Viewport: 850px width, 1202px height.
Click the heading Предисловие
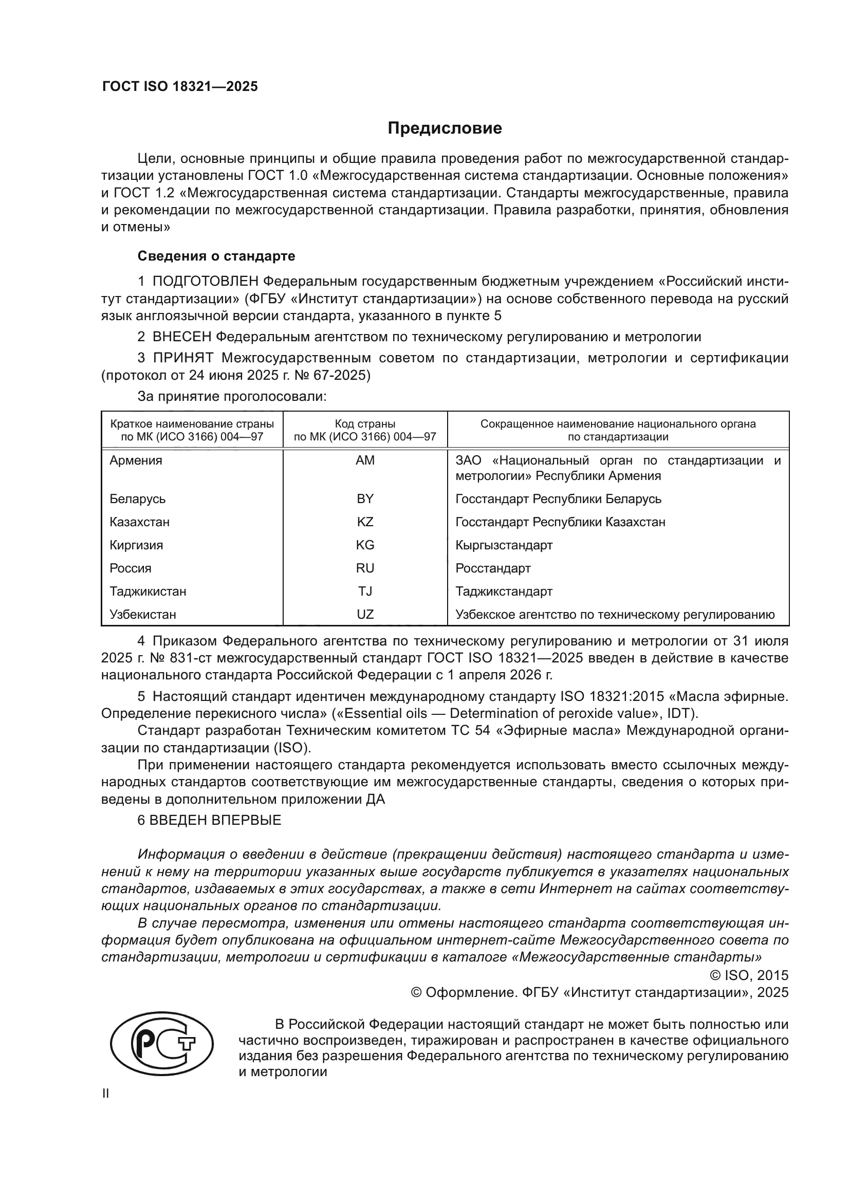point(445,128)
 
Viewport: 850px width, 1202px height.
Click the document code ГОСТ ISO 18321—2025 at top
point(180,87)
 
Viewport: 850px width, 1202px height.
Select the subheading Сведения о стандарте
point(216,256)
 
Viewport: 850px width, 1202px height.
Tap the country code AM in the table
point(365,460)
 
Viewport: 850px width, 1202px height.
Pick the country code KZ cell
point(365,522)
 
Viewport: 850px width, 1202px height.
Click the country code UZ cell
point(365,614)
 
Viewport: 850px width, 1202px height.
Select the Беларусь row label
point(138,499)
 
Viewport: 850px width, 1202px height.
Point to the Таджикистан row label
point(147,591)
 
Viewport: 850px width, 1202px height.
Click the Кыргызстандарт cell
point(504,545)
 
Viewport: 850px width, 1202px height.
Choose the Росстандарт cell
point(493,568)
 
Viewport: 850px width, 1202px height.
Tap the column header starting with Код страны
point(365,430)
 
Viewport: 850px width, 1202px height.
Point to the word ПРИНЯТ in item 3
point(183,358)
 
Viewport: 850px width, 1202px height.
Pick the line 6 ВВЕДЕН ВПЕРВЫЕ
point(209,820)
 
